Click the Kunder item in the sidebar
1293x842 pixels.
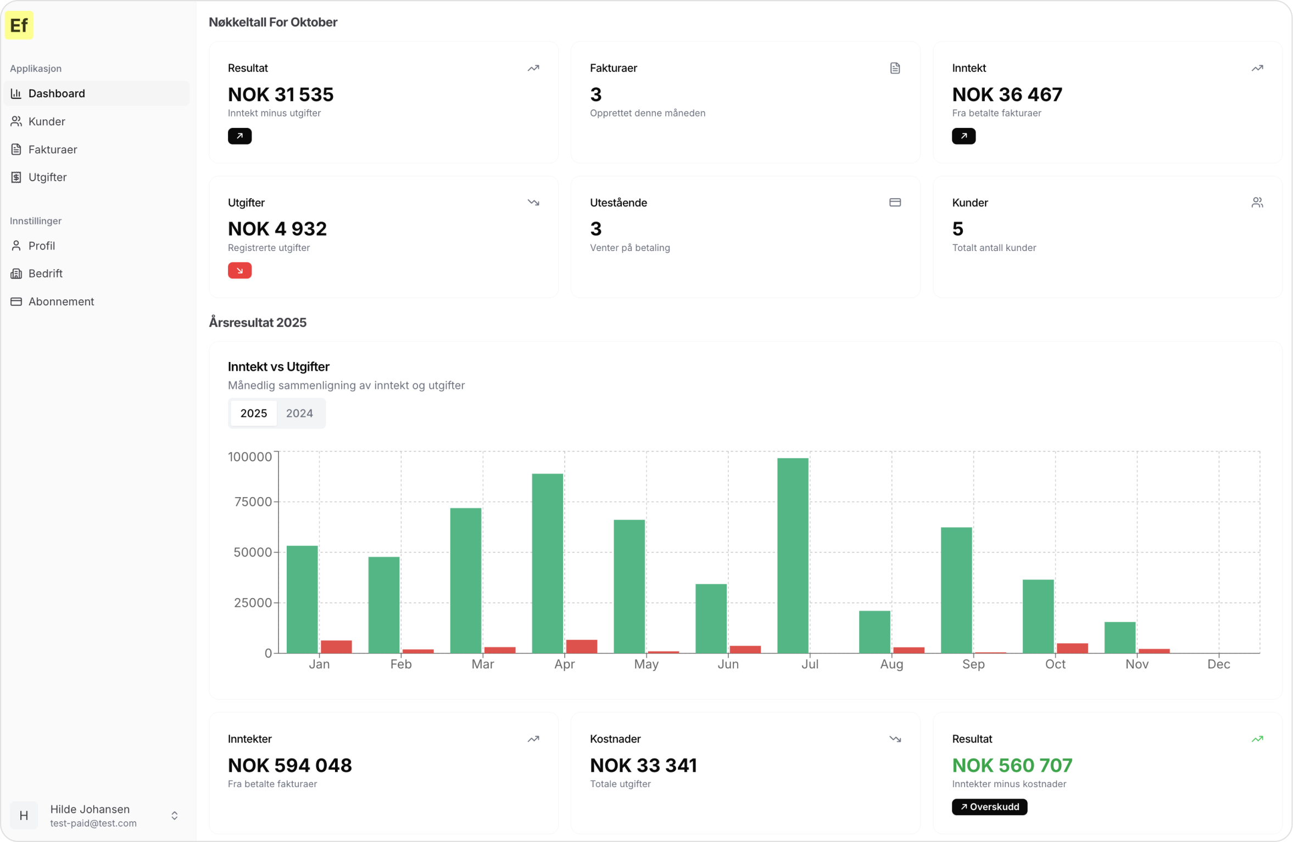(47, 121)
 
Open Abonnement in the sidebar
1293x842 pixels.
(61, 302)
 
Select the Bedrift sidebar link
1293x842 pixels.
(45, 274)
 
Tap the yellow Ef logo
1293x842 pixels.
(19, 25)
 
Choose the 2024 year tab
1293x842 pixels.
(299, 413)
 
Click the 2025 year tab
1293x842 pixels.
(254, 413)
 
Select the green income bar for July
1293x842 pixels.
(793, 555)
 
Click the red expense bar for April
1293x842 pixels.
(582, 646)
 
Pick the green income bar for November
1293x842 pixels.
(1120, 638)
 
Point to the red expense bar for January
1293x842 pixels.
(336, 647)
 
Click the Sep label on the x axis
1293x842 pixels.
(973, 664)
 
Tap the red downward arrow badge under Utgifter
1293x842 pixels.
(240, 271)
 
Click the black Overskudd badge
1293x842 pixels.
(989, 807)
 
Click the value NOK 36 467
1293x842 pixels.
(1007, 94)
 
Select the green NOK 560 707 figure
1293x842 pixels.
(1012, 765)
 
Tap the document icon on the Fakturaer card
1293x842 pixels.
(895, 68)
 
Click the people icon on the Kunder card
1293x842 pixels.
(1257, 203)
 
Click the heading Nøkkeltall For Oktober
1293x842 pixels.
(273, 22)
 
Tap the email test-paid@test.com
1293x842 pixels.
(93, 823)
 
